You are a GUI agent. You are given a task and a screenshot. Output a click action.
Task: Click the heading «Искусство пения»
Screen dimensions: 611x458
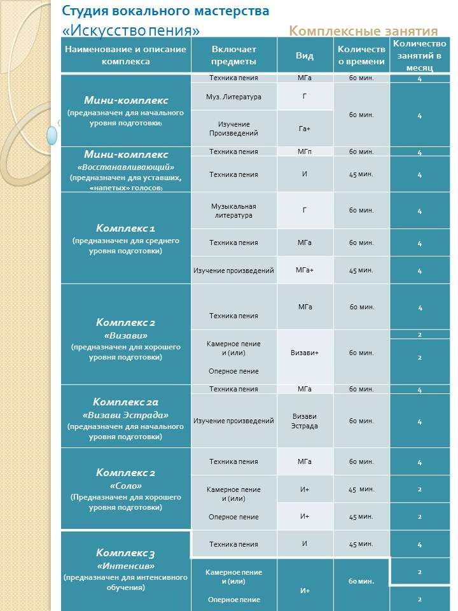click(x=131, y=30)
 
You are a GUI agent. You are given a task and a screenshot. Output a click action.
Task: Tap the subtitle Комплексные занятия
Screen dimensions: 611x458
click(x=363, y=31)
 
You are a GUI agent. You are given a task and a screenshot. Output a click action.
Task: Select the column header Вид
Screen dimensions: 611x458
click(x=305, y=55)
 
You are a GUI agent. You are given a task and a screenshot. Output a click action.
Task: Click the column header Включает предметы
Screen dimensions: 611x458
click(x=233, y=55)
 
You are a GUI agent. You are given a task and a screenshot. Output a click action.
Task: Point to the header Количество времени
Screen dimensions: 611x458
click(x=361, y=55)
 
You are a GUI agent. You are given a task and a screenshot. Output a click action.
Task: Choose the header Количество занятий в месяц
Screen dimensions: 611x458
click(x=420, y=55)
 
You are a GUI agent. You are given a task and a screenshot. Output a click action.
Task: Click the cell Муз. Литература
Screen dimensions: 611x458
click(x=233, y=97)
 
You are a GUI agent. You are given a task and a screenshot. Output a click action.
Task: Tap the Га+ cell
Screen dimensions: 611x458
click(x=305, y=129)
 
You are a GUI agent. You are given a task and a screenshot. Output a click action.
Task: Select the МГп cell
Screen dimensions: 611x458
click(x=305, y=151)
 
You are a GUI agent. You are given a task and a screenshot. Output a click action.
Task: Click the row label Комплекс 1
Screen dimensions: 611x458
click(x=126, y=228)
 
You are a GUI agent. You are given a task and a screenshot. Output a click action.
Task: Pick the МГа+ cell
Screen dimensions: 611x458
click(x=305, y=270)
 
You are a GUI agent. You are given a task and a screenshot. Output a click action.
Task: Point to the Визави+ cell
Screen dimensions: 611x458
click(x=305, y=353)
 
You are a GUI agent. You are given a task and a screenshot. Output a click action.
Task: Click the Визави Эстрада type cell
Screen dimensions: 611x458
click(x=305, y=421)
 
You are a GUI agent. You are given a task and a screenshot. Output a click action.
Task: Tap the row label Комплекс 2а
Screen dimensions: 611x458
click(x=126, y=402)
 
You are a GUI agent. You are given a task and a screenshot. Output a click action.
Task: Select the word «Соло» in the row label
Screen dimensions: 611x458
click(x=126, y=486)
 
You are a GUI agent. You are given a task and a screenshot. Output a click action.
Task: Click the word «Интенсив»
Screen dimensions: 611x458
click(x=126, y=565)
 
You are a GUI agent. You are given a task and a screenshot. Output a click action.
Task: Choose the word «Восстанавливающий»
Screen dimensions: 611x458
click(x=126, y=167)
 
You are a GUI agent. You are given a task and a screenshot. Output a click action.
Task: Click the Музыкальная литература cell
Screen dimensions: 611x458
click(x=233, y=211)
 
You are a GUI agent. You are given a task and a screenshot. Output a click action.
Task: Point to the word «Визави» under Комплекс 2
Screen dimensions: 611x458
click(x=126, y=335)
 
